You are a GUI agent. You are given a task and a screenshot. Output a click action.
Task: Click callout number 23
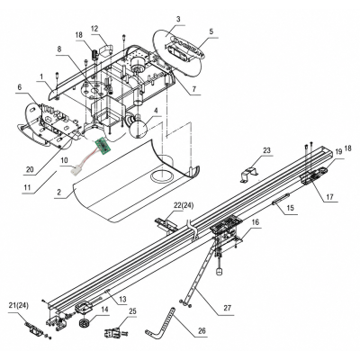266,150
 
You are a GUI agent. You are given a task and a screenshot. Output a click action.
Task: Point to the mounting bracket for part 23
249,175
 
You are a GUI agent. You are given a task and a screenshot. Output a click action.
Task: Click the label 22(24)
184,205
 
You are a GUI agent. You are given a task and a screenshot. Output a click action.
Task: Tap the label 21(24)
19,306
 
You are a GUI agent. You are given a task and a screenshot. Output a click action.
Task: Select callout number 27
228,309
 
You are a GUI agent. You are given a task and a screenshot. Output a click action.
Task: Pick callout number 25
132,311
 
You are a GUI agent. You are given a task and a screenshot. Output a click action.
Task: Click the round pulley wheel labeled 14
85,323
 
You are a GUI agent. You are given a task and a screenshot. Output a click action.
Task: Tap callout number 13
122,299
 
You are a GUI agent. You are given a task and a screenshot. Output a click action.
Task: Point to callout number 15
290,208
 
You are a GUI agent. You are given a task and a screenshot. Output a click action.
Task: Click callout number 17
329,197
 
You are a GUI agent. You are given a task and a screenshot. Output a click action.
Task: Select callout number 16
255,222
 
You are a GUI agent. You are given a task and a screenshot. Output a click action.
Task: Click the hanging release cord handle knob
220,272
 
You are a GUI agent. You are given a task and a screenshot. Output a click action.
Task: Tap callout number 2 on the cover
58,192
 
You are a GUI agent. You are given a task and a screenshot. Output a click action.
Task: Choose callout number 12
94,29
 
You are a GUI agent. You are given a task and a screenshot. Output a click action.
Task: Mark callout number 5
211,31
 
